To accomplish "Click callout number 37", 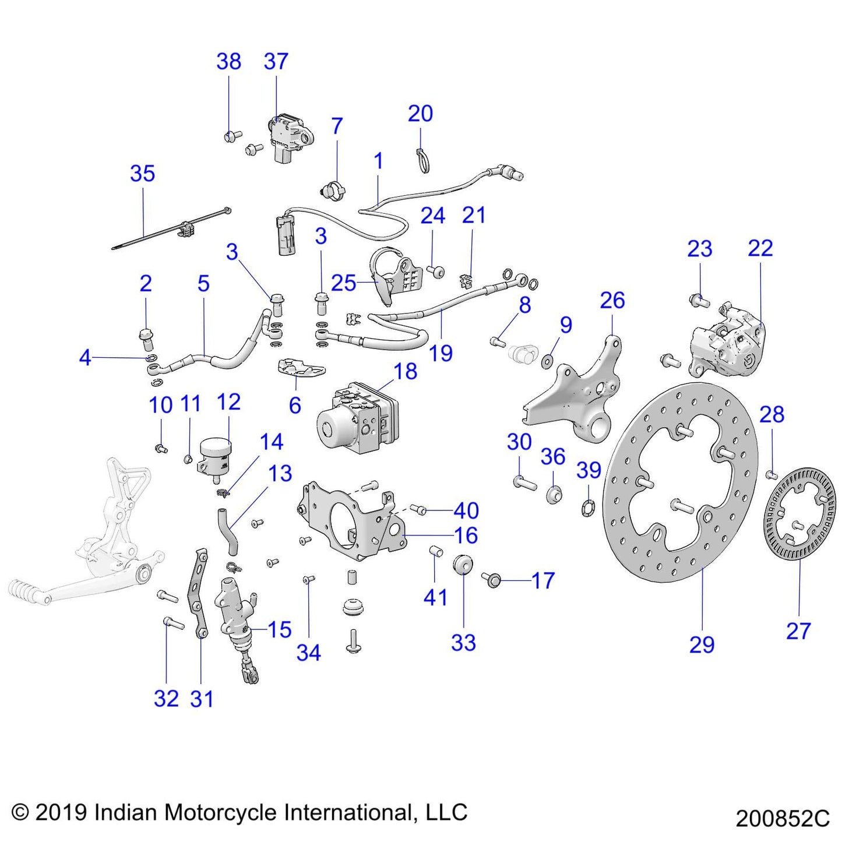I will pos(276,61).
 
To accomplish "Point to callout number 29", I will pos(702,644).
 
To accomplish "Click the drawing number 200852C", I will pos(782,818).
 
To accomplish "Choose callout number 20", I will pos(420,114).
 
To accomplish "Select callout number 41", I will pos(435,597).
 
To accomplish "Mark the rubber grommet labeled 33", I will pos(462,565).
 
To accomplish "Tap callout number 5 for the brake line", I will pos(203,284).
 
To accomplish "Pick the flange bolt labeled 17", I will pos(492,579).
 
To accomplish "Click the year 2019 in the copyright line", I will pos(61,812).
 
